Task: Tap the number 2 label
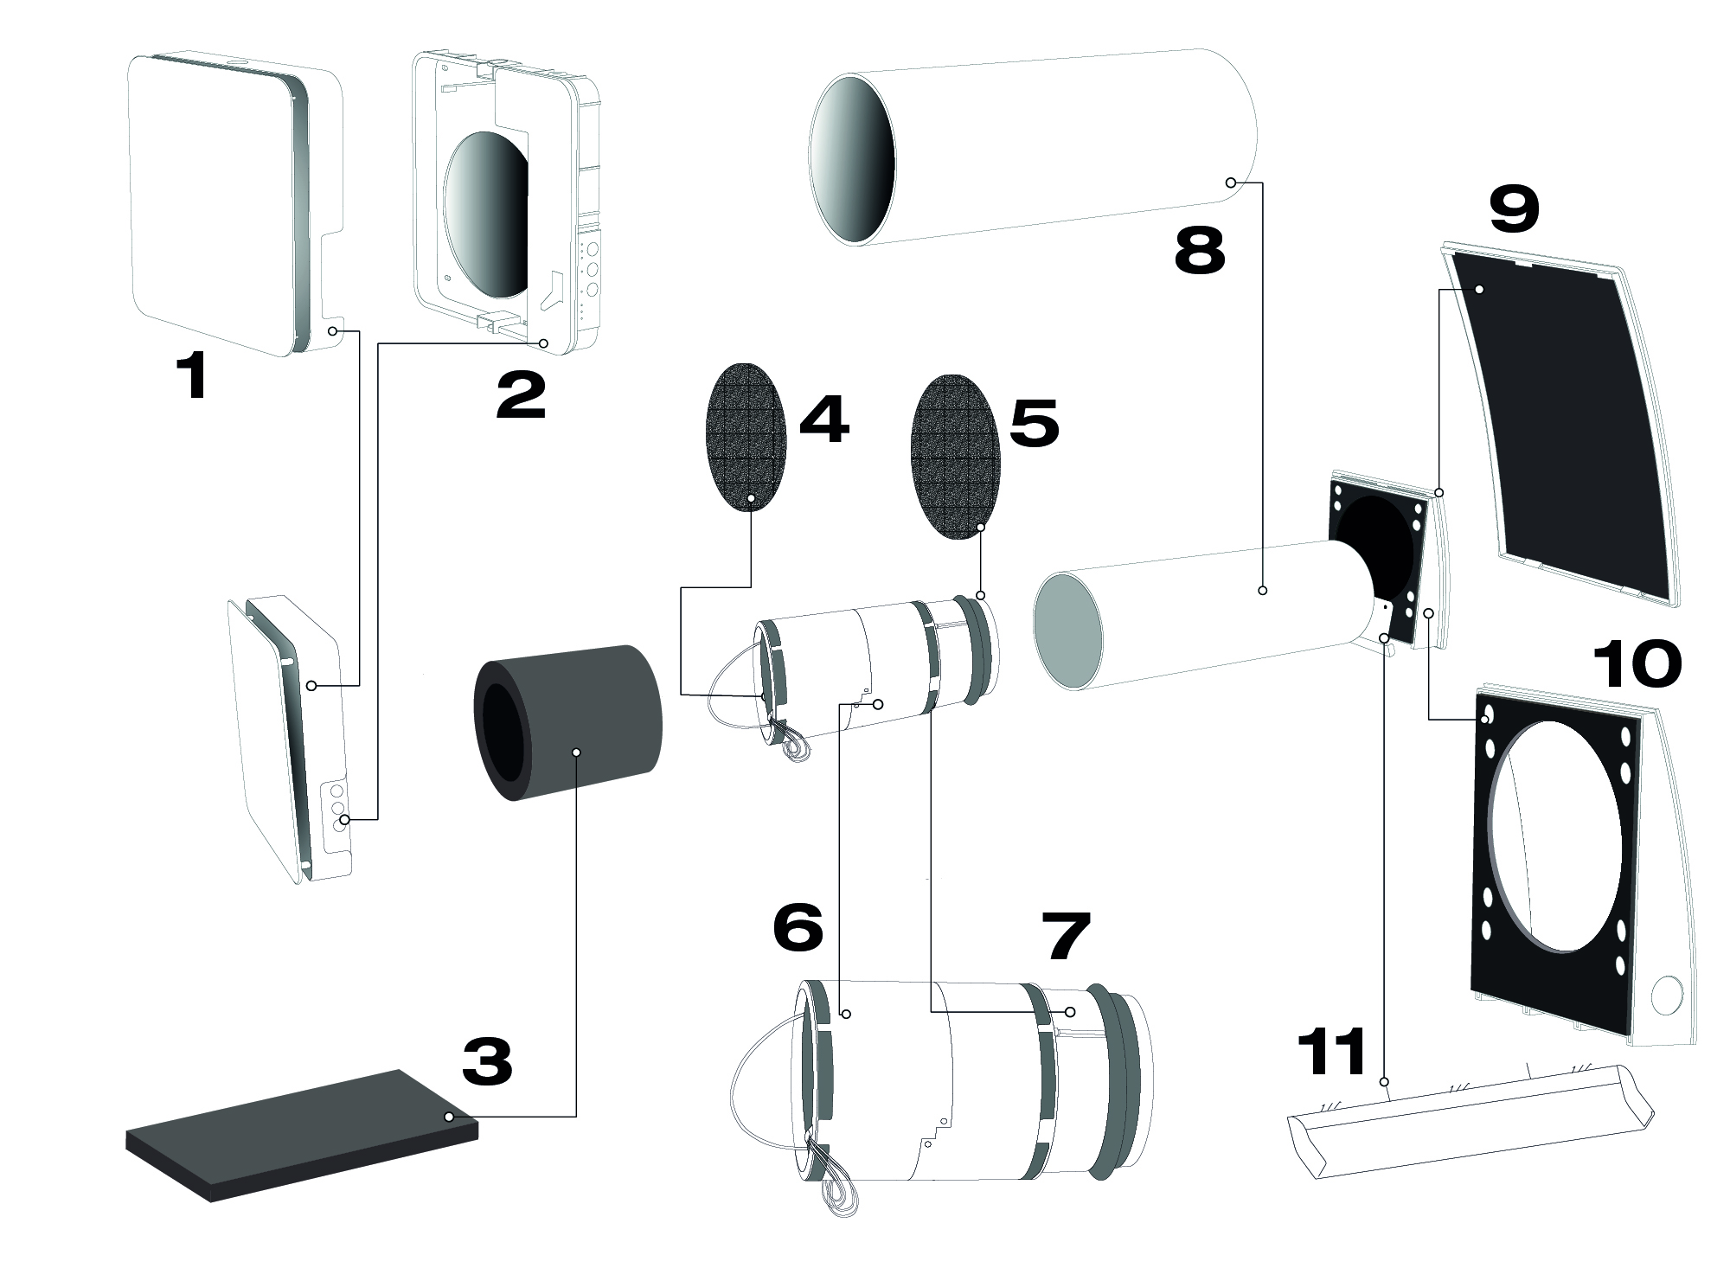point(522,395)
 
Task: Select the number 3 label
point(487,1061)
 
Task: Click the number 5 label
point(1035,423)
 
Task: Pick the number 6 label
point(798,930)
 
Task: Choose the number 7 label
point(1064,938)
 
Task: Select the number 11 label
point(1333,1052)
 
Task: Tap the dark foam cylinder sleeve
point(567,722)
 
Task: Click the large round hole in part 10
point(1554,836)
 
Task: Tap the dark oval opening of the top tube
point(852,160)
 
